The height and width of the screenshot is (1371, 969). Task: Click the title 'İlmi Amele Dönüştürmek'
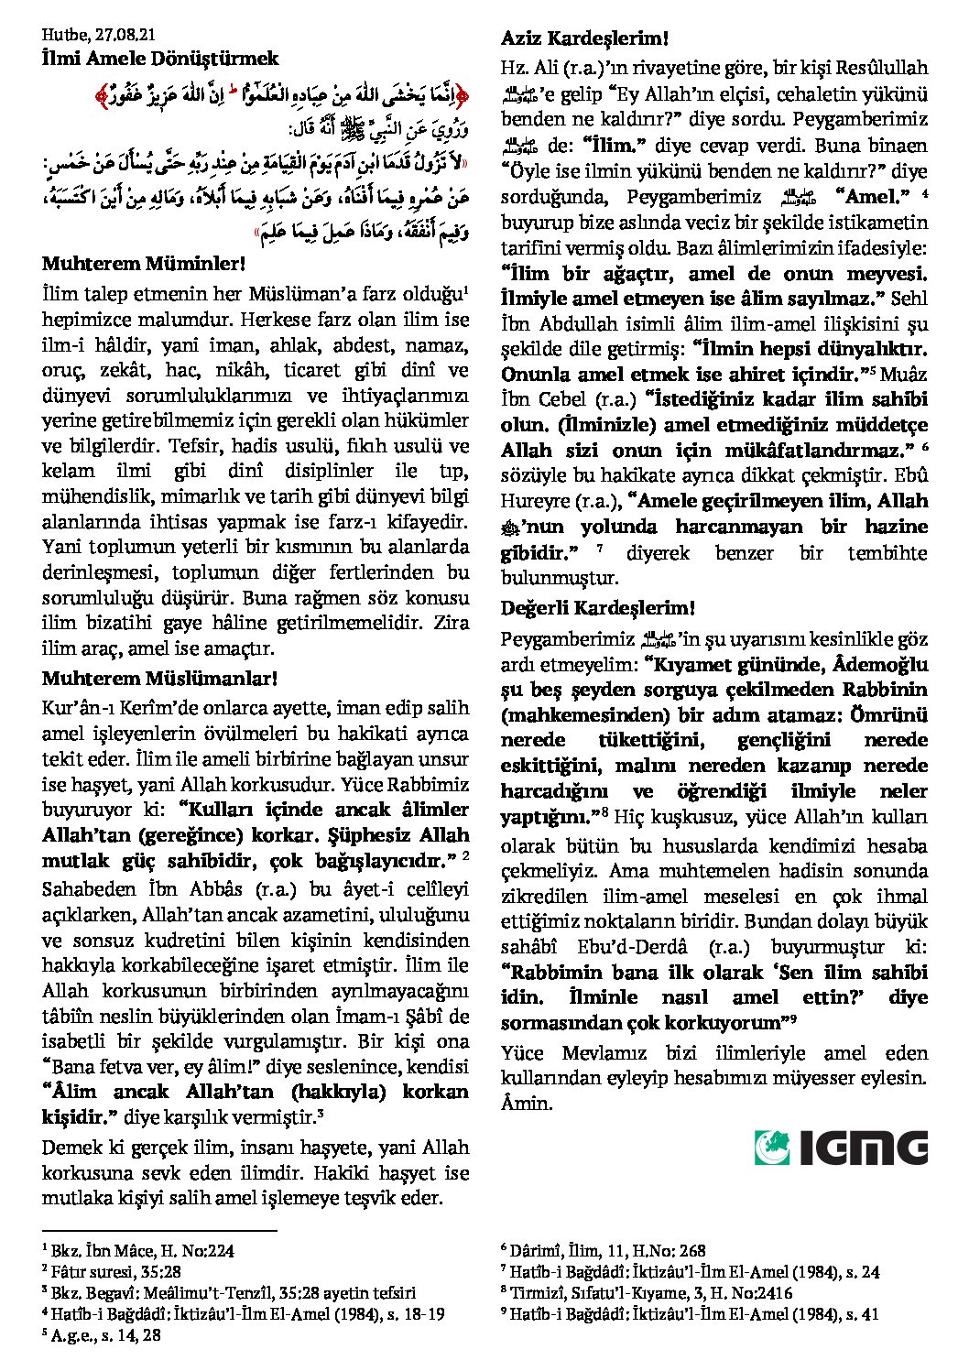click(160, 59)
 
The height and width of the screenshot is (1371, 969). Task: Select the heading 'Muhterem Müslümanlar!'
click(159, 679)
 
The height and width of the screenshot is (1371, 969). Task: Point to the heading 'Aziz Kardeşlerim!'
click(584, 39)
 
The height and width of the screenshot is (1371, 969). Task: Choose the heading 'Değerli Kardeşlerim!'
click(597, 608)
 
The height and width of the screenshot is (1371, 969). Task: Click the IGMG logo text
click(862, 1148)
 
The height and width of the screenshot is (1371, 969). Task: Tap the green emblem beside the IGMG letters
click(772, 1148)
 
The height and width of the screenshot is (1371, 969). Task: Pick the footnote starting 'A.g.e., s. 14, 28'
click(102, 1336)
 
